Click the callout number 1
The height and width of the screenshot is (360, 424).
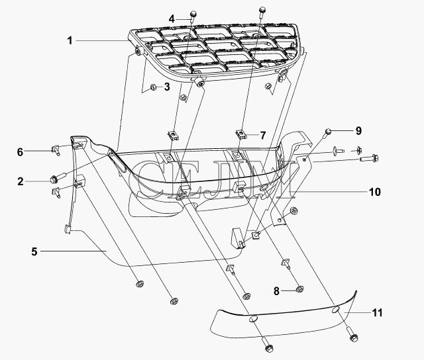coord(70,41)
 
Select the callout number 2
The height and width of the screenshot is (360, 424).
coord(21,181)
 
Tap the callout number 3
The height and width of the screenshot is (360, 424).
coord(167,87)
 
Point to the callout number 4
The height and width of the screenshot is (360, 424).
coord(172,19)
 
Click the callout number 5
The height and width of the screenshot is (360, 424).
coord(34,251)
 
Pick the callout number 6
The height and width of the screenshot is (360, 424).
coord(21,152)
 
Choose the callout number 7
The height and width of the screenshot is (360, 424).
coord(263,135)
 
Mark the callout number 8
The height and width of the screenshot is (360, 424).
coord(276,291)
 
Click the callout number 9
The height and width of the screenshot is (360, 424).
coord(358,131)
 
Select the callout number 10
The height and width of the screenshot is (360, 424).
coord(375,192)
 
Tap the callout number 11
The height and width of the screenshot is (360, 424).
coord(377,313)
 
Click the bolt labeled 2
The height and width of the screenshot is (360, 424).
coord(58,177)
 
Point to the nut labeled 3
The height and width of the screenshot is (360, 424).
coord(153,87)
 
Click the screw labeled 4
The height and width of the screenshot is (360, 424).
coord(193,16)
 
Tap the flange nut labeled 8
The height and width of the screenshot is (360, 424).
coord(299,289)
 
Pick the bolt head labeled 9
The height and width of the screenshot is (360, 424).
coord(328,131)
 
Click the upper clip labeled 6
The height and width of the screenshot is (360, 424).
coord(55,150)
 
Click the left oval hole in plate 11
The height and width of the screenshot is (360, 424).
coord(253,319)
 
